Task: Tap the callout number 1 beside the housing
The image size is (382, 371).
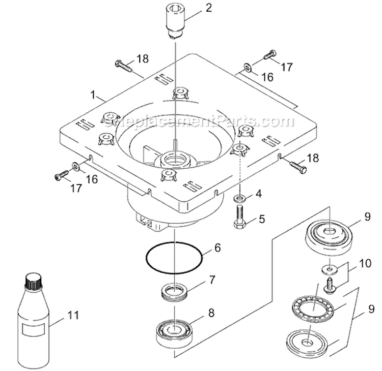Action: click(x=93, y=95)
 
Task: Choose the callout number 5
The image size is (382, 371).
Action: click(x=262, y=220)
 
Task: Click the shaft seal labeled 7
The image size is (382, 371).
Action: click(x=174, y=293)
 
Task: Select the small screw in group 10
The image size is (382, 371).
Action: click(x=329, y=285)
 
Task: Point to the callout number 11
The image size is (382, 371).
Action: click(x=74, y=315)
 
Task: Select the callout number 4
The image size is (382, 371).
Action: click(x=259, y=194)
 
